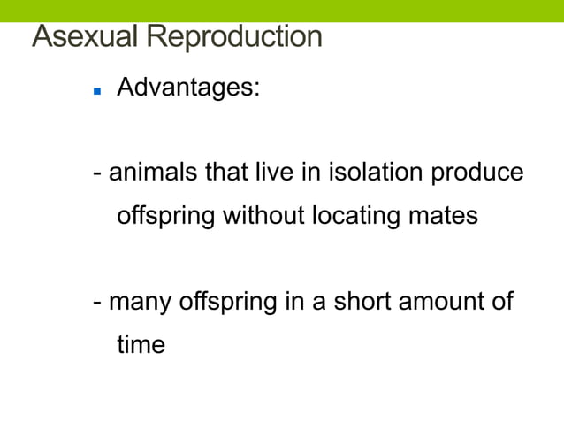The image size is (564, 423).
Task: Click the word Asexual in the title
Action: (85, 38)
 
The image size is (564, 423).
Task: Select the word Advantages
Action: (188, 88)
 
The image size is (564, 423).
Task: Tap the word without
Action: (263, 214)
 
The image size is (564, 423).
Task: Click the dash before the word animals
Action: (98, 173)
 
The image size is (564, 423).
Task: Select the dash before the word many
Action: (98, 303)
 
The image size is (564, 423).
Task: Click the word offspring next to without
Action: (165, 215)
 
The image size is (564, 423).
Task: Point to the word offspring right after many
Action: (227, 302)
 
